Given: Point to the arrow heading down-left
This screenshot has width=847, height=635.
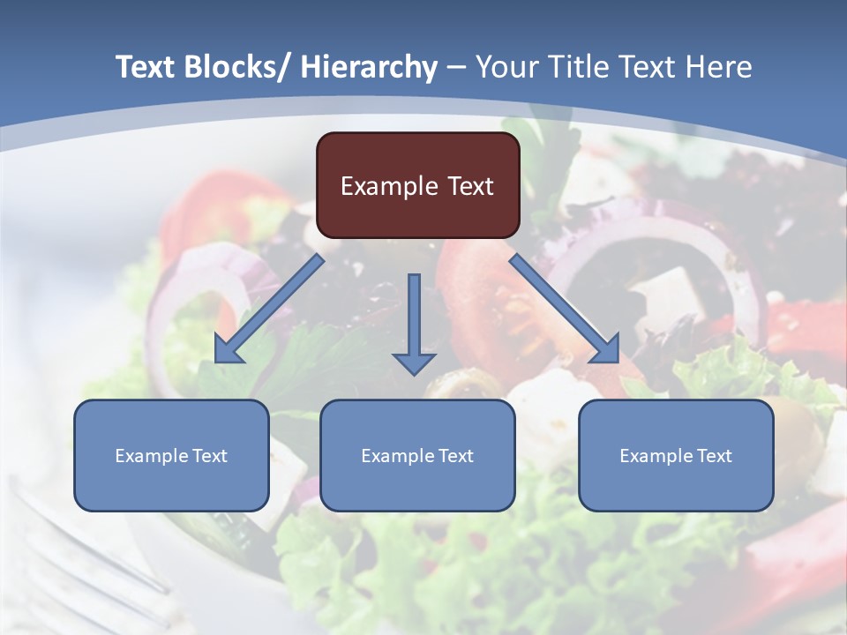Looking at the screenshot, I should click(x=269, y=309).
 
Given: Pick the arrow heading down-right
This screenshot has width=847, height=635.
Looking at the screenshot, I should click(x=565, y=309).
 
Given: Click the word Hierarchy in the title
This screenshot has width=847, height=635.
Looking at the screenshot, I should click(x=369, y=67).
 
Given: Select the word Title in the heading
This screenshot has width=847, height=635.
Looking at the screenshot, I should click(x=590, y=67).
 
